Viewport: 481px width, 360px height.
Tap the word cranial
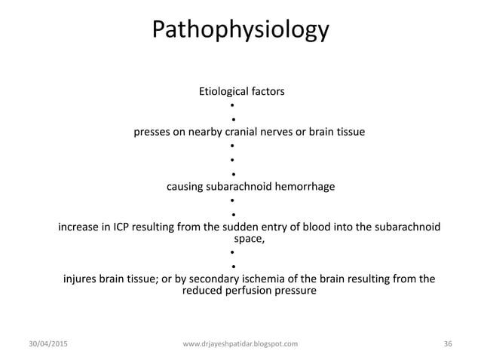(256, 133)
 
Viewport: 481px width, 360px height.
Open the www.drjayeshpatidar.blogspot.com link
(240, 343)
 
